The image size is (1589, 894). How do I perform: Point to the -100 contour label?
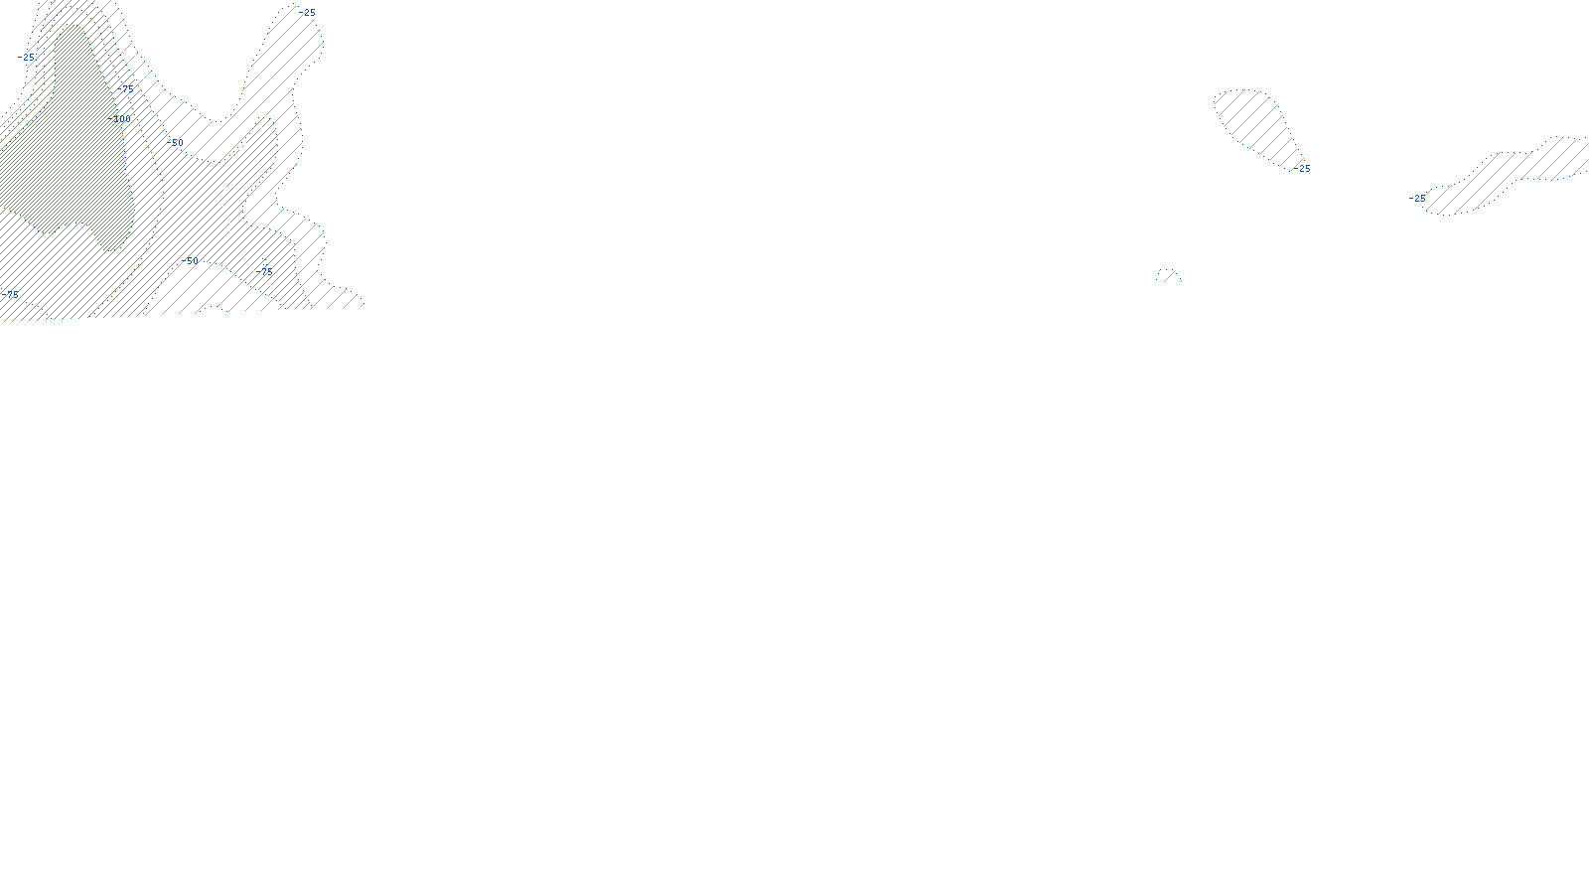coord(122,119)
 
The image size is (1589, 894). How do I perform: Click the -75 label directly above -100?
coord(127,88)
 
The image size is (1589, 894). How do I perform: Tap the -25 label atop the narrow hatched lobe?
coord(308,13)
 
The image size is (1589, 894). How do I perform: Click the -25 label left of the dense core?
coord(28,58)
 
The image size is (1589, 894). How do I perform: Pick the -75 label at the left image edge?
coord(10,294)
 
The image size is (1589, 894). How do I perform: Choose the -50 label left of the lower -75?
coord(191,260)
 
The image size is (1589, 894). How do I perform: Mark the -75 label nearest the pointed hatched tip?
coord(265,270)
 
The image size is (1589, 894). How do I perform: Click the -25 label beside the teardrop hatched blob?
coord(1304,169)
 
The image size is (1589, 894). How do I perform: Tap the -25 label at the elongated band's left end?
coord(1417,199)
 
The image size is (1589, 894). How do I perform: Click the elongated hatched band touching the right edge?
coord(1510,174)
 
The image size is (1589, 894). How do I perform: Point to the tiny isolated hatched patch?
coord(1169,275)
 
